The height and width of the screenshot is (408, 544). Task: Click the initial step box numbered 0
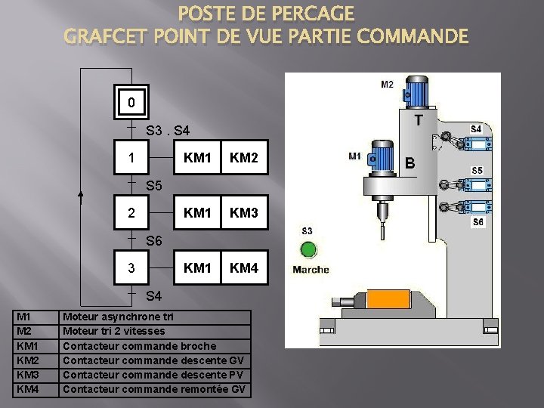[x=131, y=101]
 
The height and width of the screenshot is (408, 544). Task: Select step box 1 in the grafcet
[x=131, y=159]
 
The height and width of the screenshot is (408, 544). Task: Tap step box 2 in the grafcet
[x=131, y=213]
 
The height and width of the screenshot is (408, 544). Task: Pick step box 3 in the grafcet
[x=131, y=268]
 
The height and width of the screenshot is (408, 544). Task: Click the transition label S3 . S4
[x=168, y=131]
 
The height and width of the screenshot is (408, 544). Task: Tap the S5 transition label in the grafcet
[x=153, y=185]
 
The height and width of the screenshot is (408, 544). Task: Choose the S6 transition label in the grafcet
[x=153, y=241]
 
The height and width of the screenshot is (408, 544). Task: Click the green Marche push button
[x=308, y=249]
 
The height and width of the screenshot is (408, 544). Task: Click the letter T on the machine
[x=418, y=120]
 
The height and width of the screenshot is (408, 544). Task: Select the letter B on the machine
[x=410, y=162]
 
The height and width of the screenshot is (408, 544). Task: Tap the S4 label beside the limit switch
[x=476, y=129]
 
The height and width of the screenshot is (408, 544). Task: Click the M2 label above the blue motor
[x=387, y=85]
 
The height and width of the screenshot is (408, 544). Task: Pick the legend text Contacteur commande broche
[x=139, y=346]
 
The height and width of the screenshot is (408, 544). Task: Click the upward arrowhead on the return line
[x=82, y=196]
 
